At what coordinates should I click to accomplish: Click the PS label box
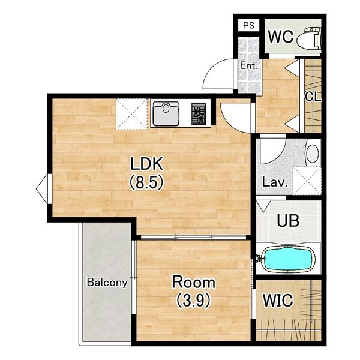click(248, 25)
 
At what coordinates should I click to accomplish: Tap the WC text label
click(281, 37)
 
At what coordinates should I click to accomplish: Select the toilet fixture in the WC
click(308, 39)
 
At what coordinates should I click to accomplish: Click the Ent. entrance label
click(248, 66)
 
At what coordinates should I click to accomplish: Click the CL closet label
click(313, 97)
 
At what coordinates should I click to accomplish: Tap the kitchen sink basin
click(166, 114)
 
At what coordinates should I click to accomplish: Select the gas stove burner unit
click(199, 113)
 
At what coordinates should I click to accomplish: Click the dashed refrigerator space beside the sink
click(131, 114)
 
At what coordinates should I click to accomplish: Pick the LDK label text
click(147, 163)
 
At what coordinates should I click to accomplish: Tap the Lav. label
click(275, 182)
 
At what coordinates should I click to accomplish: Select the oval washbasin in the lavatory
click(313, 154)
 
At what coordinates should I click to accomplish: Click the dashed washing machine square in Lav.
click(307, 181)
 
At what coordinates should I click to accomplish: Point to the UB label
click(288, 221)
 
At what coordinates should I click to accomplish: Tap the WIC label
click(278, 300)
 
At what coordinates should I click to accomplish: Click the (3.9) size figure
click(193, 301)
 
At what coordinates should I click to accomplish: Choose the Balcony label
click(107, 283)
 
